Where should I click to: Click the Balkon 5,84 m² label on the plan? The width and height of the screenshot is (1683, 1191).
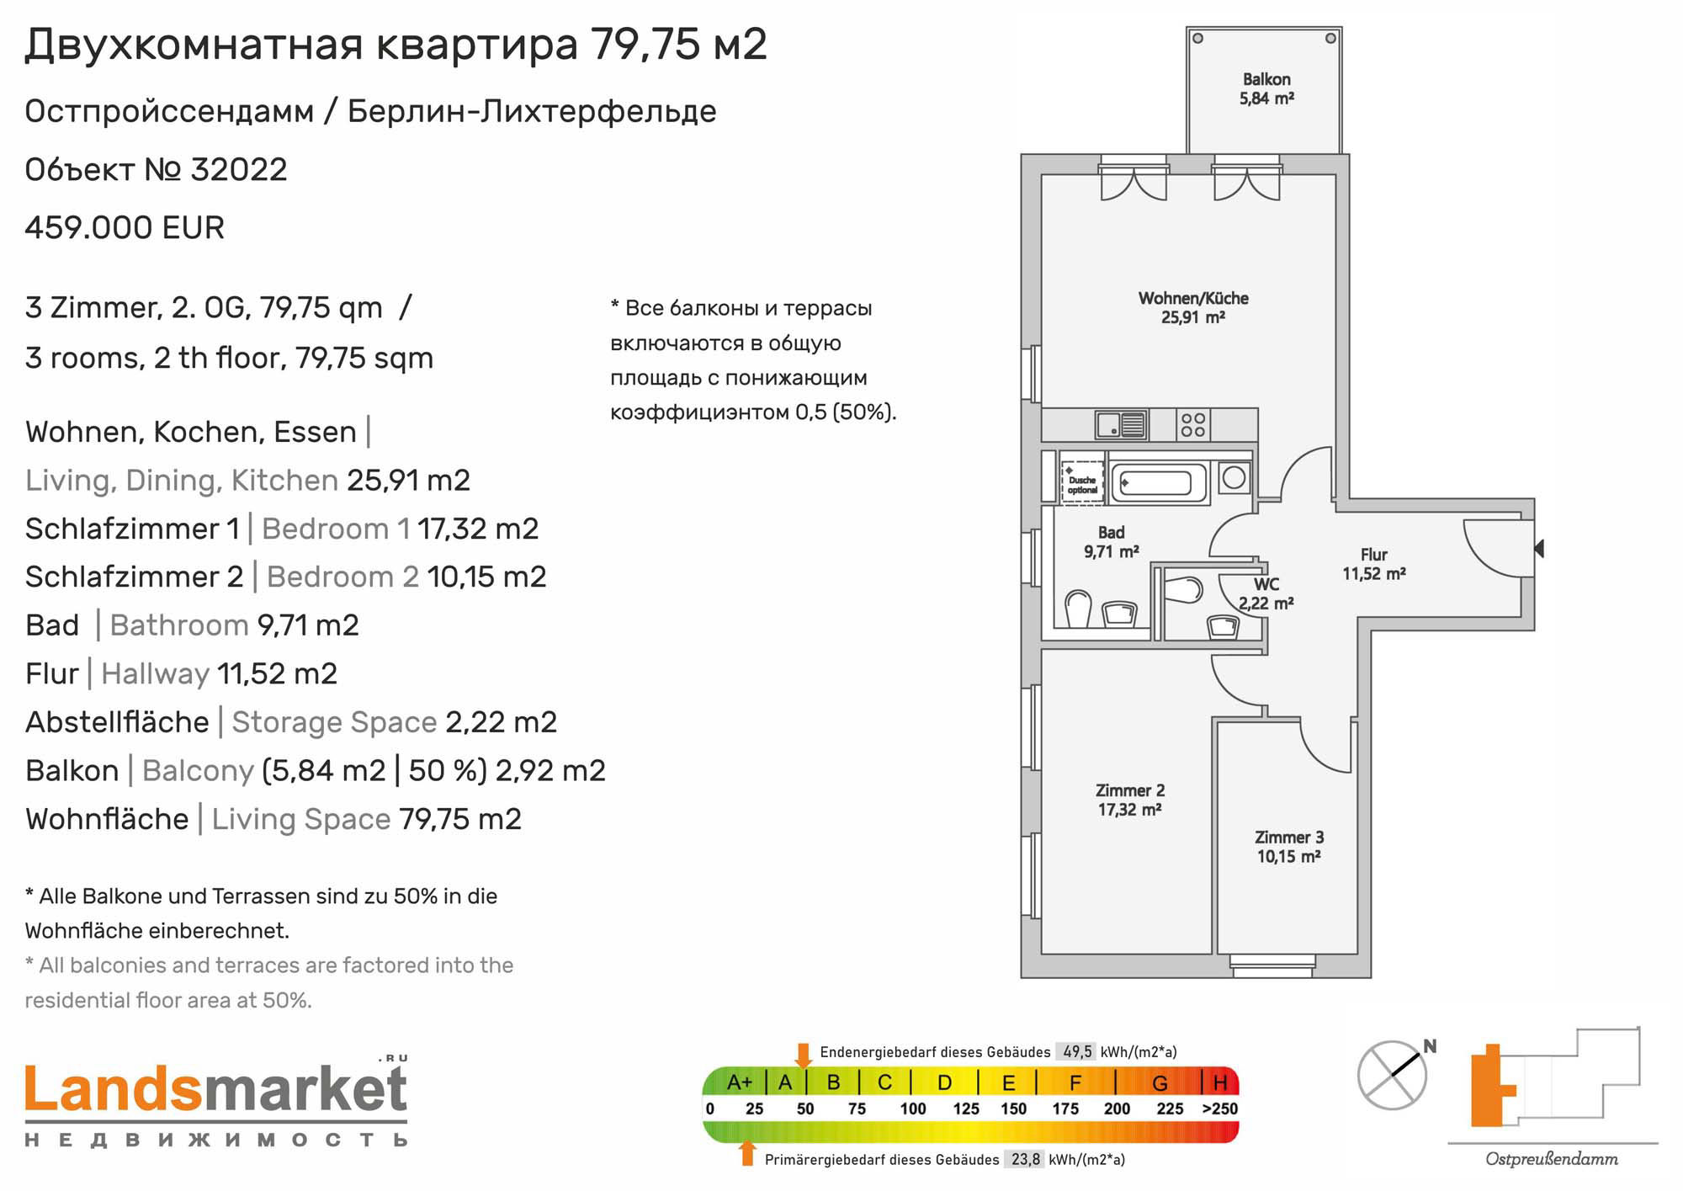tap(1266, 88)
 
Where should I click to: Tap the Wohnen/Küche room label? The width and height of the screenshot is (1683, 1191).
tap(1193, 307)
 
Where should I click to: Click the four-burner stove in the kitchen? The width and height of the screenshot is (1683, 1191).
tap(1192, 425)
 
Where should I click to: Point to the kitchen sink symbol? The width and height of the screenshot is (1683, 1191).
tap(1121, 425)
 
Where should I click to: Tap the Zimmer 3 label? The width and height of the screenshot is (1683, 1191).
tap(1289, 837)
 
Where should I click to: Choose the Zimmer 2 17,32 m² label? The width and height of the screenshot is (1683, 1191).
tap(1130, 800)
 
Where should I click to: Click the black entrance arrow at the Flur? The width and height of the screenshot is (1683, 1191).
tap(1539, 549)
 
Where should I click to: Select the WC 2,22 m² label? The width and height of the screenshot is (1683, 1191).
tap(1266, 594)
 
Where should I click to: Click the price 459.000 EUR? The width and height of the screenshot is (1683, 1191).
tap(125, 228)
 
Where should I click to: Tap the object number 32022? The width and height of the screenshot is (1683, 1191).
tap(239, 170)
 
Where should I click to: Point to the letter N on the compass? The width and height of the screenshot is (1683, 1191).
tap(1430, 1047)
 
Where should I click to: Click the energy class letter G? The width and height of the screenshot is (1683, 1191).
tap(1160, 1082)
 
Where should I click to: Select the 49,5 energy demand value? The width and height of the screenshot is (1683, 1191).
tap(1077, 1052)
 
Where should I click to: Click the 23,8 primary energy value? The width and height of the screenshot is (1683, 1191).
tap(1026, 1160)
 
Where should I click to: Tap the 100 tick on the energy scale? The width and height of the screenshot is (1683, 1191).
tap(913, 1109)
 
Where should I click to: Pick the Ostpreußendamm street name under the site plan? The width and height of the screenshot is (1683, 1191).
tap(1552, 1160)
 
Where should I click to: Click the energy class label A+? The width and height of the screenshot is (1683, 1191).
tap(739, 1082)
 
